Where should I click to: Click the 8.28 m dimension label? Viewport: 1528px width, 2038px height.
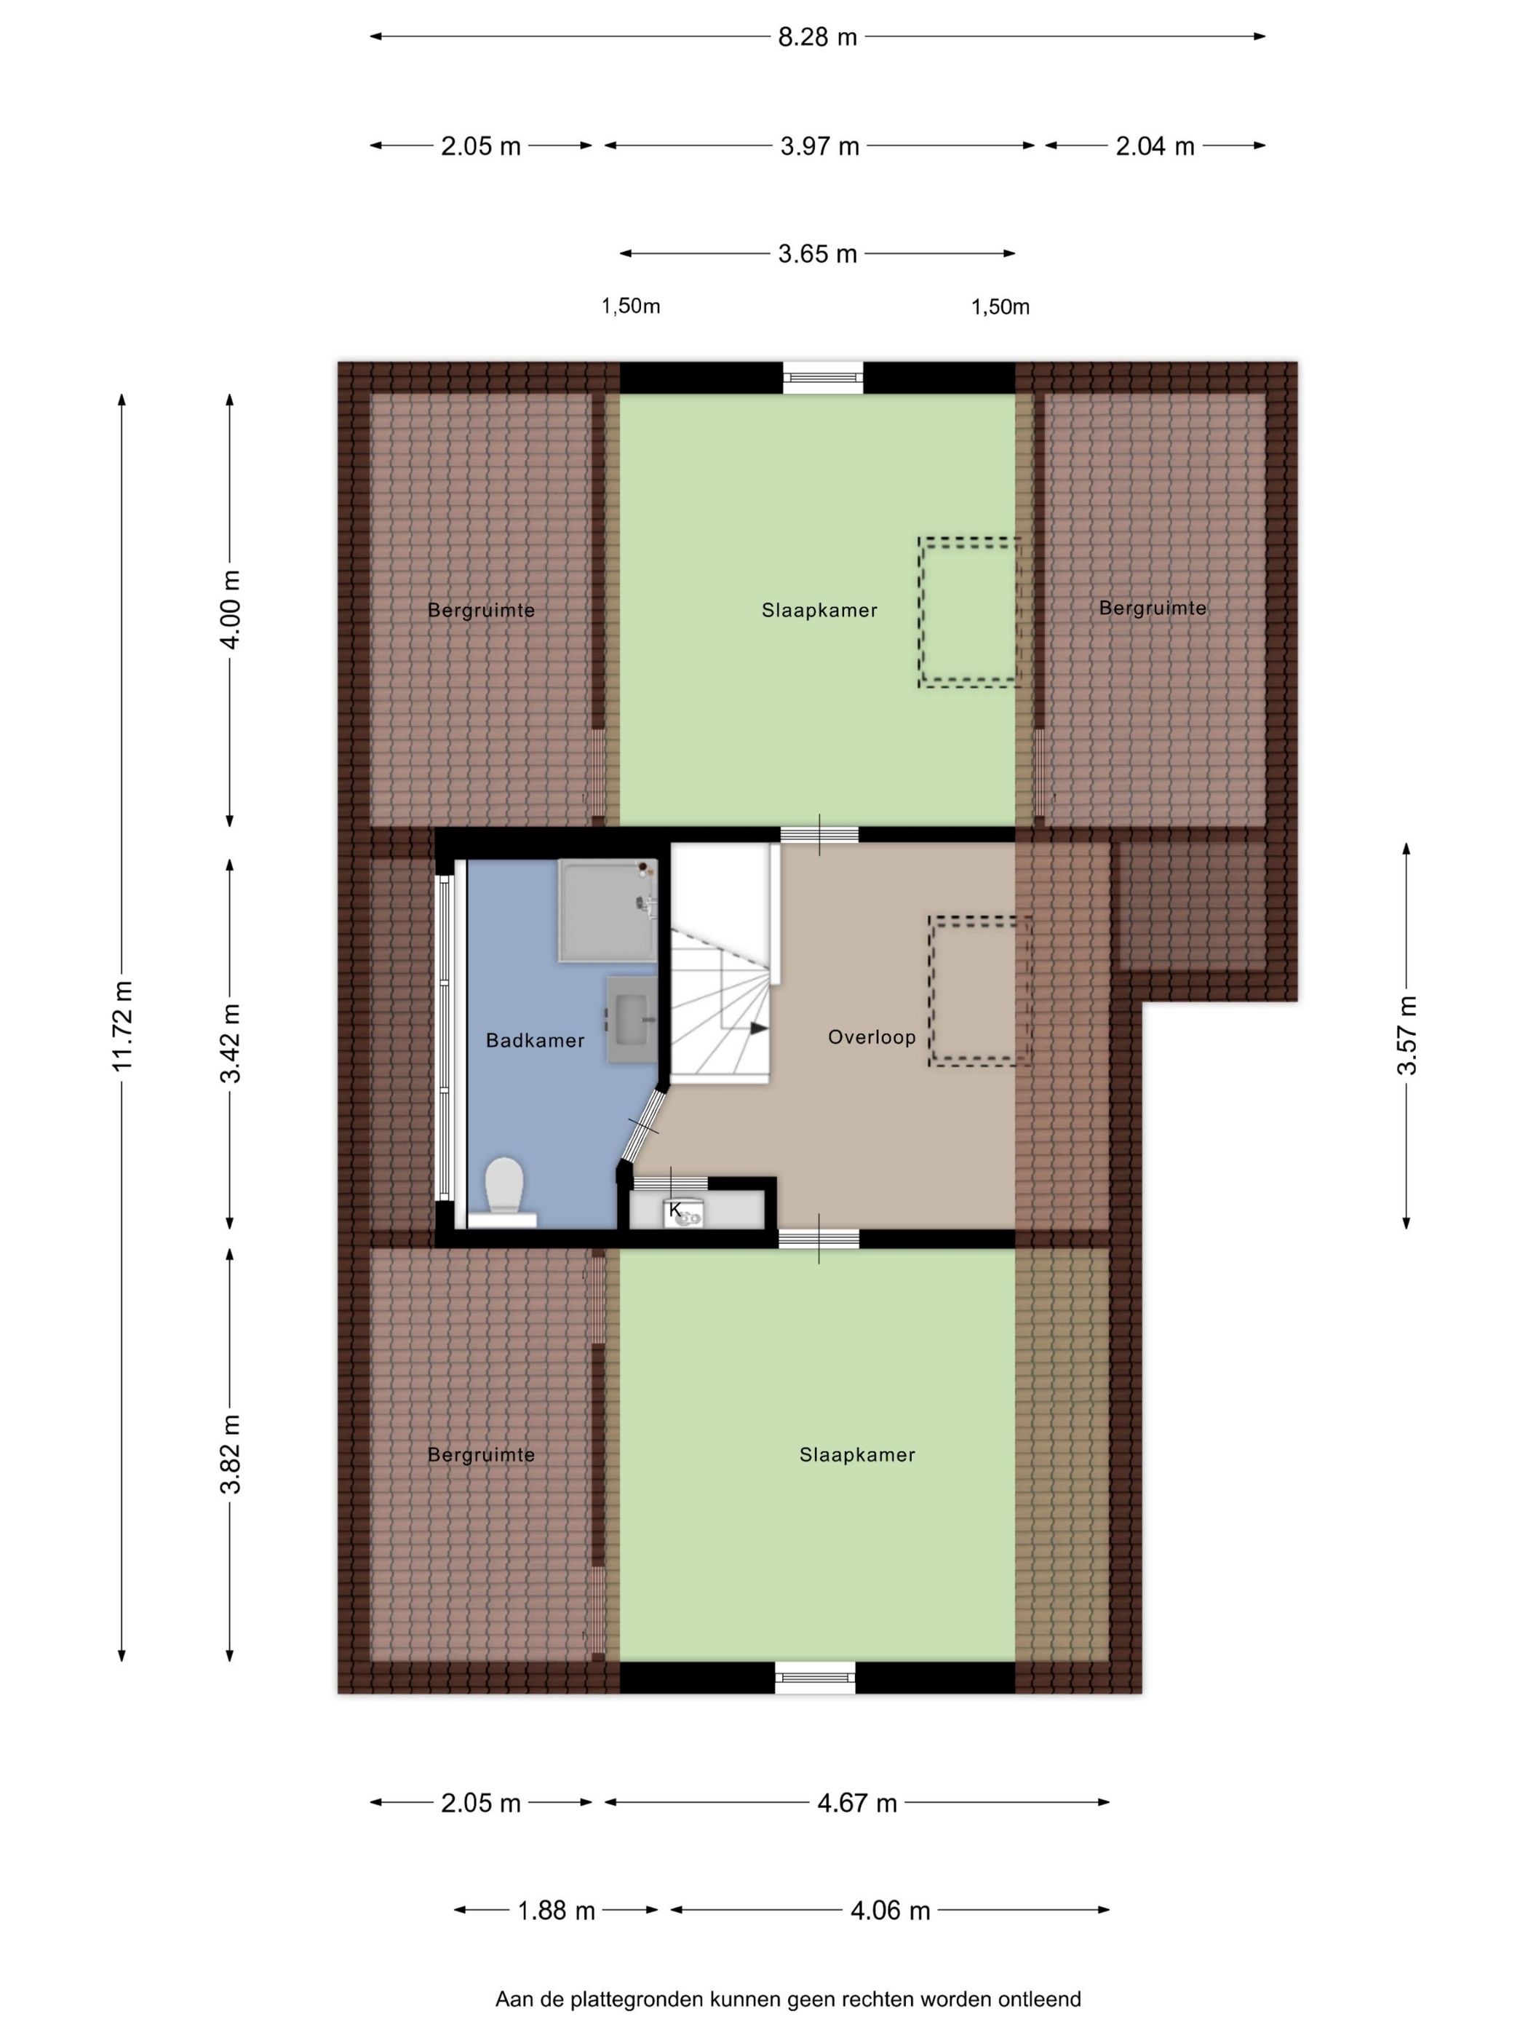(x=817, y=37)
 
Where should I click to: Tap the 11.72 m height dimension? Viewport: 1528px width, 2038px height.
(x=122, y=1026)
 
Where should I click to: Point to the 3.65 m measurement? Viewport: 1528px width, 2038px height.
(x=817, y=253)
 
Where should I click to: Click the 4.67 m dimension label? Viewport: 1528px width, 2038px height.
(x=856, y=1803)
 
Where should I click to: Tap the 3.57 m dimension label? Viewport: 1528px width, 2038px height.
(x=1406, y=1035)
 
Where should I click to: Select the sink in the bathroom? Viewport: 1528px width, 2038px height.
(x=631, y=1020)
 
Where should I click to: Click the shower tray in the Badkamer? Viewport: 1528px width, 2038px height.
(x=608, y=911)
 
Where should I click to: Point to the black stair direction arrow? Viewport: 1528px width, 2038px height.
(x=758, y=1028)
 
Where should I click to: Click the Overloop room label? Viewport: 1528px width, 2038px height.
(x=871, y=1037)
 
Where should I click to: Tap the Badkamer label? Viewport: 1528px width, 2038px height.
(x=535, y=1040)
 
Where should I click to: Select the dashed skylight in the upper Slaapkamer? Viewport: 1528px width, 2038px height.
(x=969, y=613)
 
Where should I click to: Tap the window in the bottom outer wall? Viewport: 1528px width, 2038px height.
(x=815, y=1677)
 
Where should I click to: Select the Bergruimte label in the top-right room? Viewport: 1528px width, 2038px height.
(x=1153, y=608)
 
